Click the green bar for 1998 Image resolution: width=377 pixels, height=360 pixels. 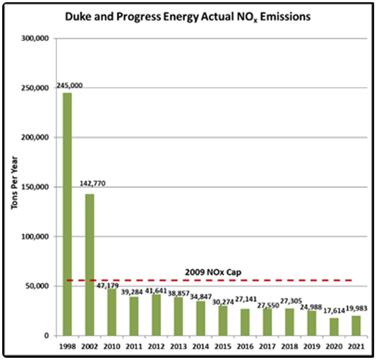(x=67, y=214)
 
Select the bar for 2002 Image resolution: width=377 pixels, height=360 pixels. (x=90, y=264)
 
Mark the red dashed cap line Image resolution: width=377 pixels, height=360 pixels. (x=252, y=280)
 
